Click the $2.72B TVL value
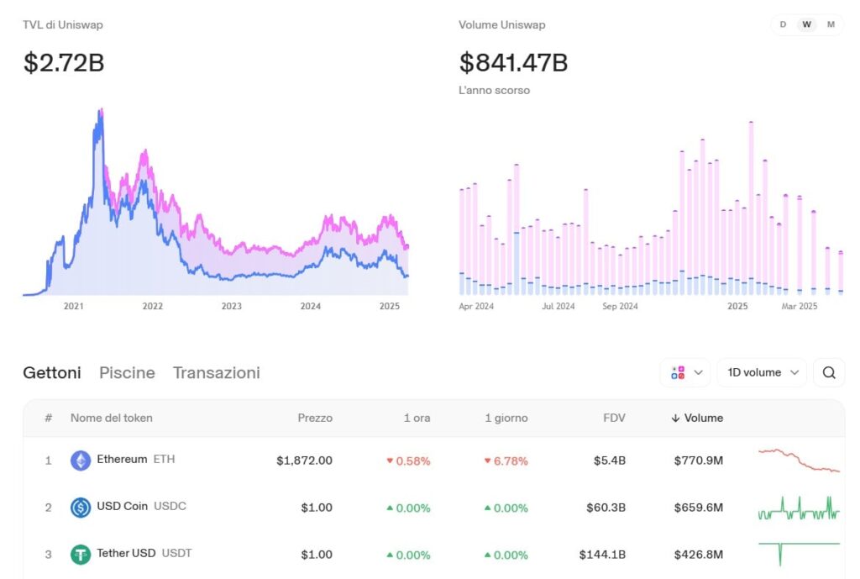[x=64, y=63]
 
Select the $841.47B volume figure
[x=513, y=63]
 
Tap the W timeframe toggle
[x=806, y=24]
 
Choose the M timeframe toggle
[x=831, y=24]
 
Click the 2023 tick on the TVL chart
[x=231, y=307]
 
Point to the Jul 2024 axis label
[x=558, y=307]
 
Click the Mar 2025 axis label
[x=800, y=307]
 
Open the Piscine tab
[x=127, y=372]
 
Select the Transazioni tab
[x=216, y=372]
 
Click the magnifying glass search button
[x=829, y=372]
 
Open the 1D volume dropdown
[x=762, y=372]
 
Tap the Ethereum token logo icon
[x=81, y=461]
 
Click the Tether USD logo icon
[x=81, y=555]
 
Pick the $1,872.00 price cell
[x=304, y=461]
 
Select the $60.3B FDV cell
[x=606, y=508]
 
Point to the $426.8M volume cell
[x=698, y=555]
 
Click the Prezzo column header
[x=315, y=418]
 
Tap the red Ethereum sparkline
[x=798, y=461]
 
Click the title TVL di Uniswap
[x=63, y=25]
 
